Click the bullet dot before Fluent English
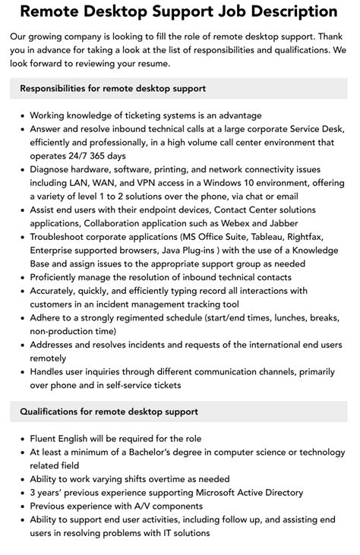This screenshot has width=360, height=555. point(21,439)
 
